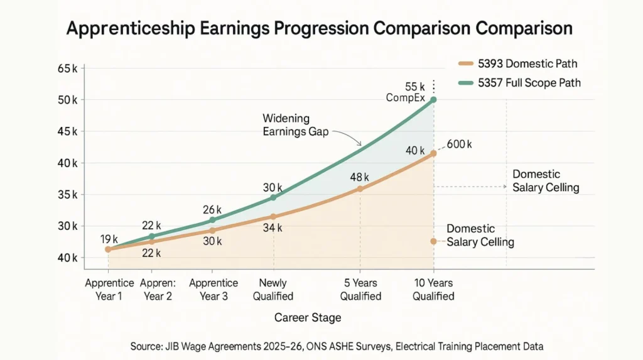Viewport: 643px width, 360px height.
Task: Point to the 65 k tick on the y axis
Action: coord(67,68)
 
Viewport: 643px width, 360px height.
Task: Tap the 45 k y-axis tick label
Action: coord(67,131)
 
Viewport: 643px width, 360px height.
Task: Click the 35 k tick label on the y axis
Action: coord(67,194)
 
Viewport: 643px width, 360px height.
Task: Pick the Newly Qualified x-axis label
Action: coord(273,290)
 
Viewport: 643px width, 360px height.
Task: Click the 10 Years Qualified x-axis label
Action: coord(433,290)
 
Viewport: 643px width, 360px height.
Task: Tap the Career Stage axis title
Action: coord(308,317)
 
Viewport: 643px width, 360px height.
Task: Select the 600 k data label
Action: coord(459,145)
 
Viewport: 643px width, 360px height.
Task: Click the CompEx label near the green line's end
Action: coord(405,98)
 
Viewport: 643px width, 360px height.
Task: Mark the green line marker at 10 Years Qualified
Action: coord(433,100)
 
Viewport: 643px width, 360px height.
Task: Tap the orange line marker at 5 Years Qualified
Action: coord(360,188)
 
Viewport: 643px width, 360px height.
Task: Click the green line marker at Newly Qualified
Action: coord(273,197)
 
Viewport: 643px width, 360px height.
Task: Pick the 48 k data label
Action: coord(360,177)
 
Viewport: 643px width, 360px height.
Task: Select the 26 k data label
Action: coord(213,209)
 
